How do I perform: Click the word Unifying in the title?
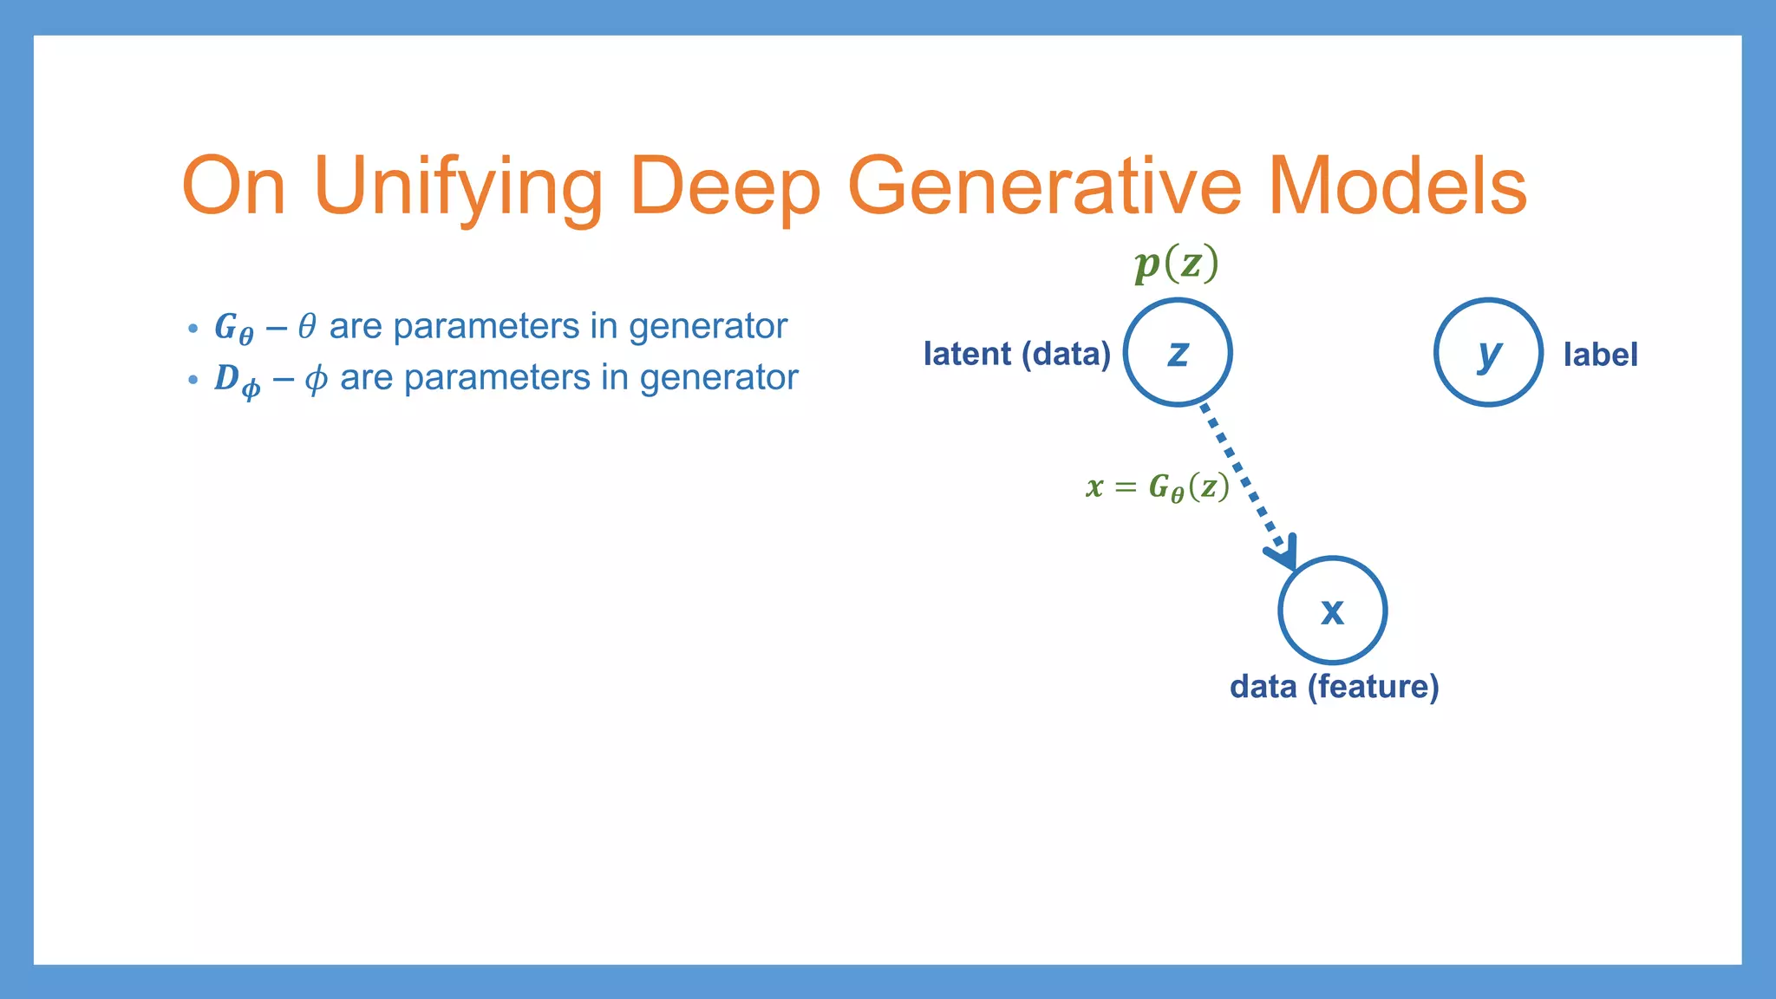pos(457,186)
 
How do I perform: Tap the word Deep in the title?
pos(725,186)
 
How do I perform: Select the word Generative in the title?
pos(1044,186)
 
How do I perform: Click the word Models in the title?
pos(1396,186)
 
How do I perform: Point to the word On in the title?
pos(232,186)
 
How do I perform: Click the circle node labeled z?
pos(1178,352)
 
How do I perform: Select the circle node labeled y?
pos(1488,352)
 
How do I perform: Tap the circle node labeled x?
pos(1332,610)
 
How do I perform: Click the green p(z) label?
pos(1176,263)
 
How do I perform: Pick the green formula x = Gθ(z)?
pos(1157,487)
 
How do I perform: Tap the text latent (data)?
pos(1016,354)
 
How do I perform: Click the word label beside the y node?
pos(1600,355)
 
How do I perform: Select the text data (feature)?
pos(1334,687)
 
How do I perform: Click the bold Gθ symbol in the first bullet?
pos(233,328)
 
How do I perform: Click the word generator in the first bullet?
pos(708,327)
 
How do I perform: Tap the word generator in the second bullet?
pos(718,378)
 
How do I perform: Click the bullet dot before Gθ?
pos(193,330)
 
